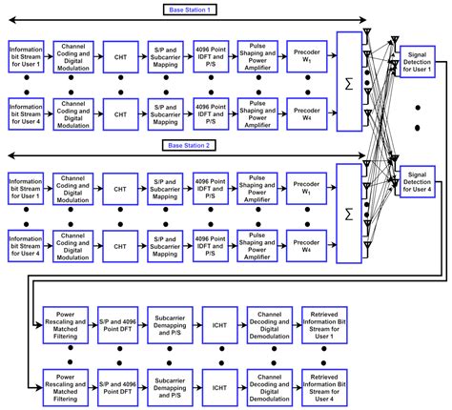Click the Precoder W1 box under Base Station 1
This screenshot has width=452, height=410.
(x=306, y=51)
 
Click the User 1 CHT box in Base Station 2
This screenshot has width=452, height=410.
(x=120, y=184)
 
